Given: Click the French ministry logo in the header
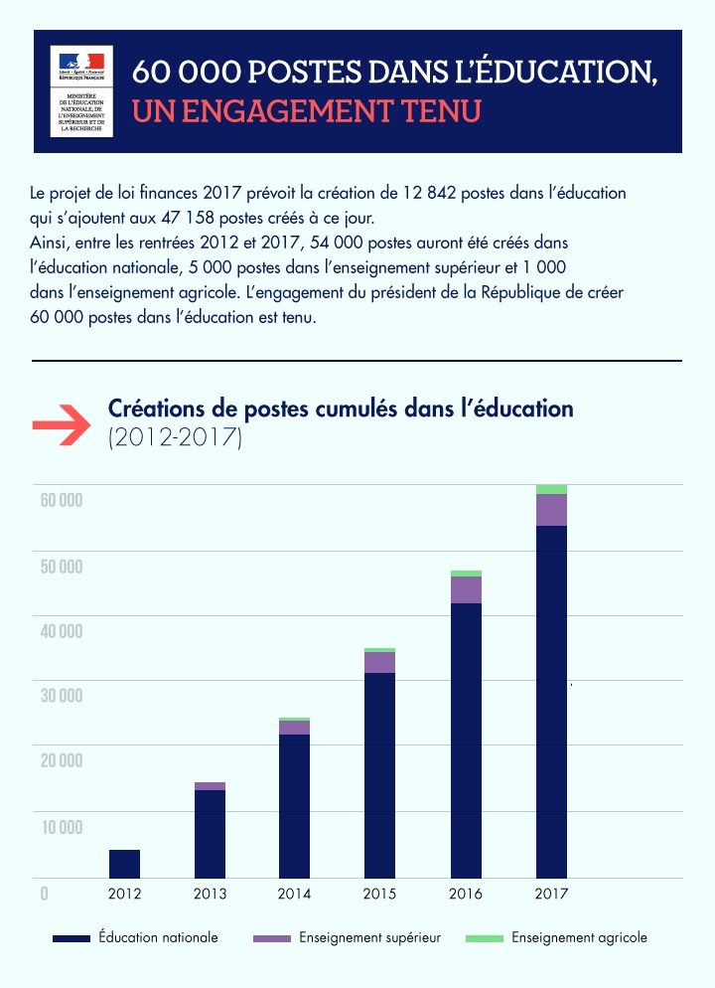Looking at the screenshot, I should tap(81, 90).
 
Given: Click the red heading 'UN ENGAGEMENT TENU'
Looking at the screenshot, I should tap(306, 110).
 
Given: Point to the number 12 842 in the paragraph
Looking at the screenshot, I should tap(430, 193).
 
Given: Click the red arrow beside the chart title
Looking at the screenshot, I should tap(62, 424).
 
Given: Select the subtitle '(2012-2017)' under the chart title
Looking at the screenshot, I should tap(175, 437).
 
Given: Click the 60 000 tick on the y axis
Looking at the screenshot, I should tap(61, 500).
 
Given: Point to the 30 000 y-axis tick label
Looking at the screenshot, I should tap(61, 696).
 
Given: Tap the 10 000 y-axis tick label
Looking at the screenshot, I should tap(61, 827).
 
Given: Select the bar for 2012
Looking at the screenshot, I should tap(124, 864).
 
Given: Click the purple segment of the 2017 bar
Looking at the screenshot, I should tap(551, 510).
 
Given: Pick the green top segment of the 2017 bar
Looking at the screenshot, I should tap(551, 489).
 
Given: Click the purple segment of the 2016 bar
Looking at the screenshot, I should tap(466, 589).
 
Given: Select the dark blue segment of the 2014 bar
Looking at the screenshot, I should tap(294, 805).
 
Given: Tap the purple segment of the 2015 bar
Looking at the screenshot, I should tap(379, 662).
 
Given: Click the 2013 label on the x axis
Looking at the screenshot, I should tap(210, 895).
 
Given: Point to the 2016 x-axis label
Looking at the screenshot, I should tap(466, 895).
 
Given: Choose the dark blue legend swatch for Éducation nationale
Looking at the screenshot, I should tap(71, 938).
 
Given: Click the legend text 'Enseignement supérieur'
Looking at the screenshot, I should tap(369, 937).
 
